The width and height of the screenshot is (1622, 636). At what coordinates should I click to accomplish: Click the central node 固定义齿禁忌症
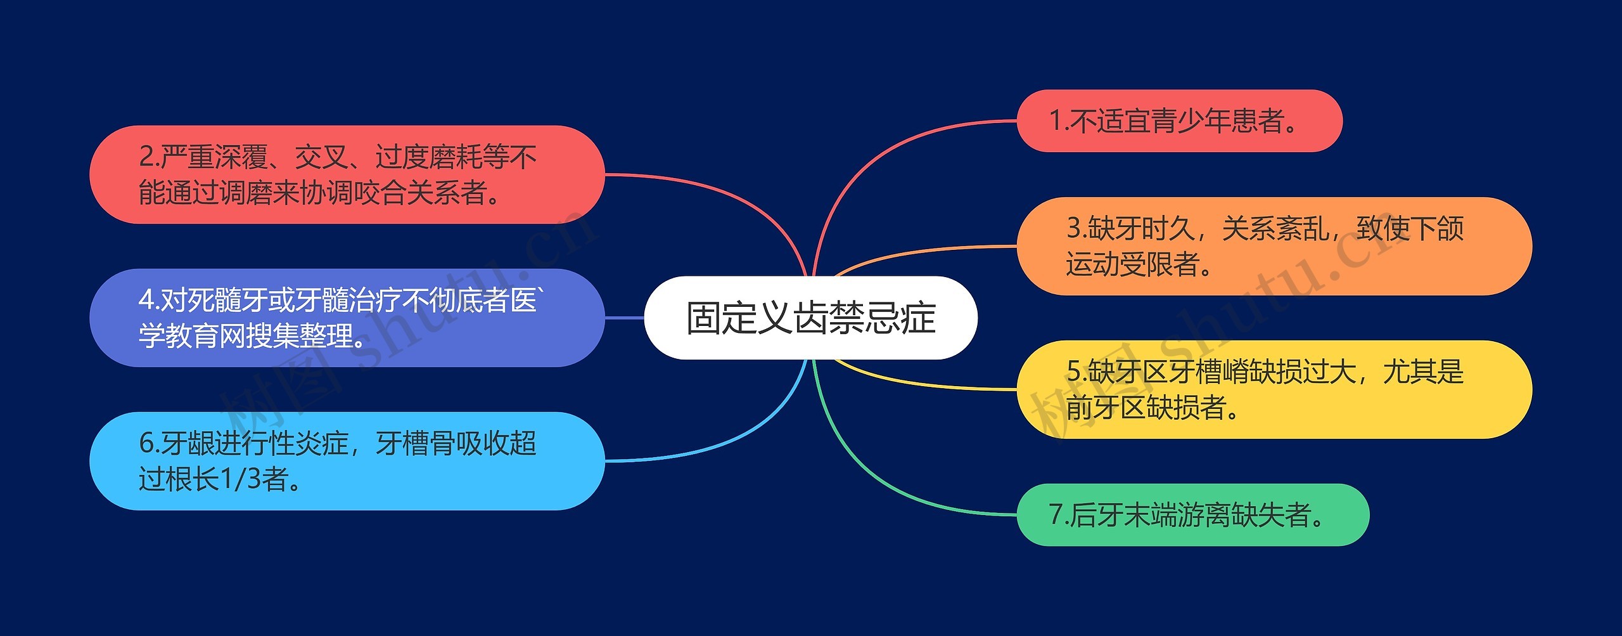(810, 318)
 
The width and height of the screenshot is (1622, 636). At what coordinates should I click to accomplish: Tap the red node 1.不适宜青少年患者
(1178, 121)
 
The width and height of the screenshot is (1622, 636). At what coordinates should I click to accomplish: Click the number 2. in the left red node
(149, 157)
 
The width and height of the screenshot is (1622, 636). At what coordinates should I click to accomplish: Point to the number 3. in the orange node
(1076, 228)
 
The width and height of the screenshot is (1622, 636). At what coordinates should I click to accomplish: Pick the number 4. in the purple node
(149, 300)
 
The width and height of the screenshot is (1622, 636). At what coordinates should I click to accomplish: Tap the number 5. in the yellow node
(1076, 372)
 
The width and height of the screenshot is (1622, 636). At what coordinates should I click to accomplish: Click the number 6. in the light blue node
(149, 443)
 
